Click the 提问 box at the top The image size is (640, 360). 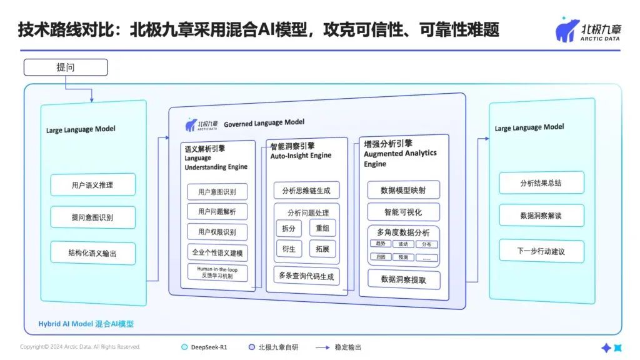(66, 67)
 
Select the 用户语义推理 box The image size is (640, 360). (92, 185)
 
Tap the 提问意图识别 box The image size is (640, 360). (92, 218)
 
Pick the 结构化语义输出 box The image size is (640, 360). (92, 253)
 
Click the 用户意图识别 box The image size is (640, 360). (217, 192)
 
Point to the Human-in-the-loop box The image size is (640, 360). (217, 272)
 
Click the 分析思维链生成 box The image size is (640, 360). (306, 191)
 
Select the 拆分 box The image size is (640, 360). (289, 228)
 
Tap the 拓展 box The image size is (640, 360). (322, 249)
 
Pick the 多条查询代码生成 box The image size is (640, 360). (306, 276)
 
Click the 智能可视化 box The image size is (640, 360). (403, 211)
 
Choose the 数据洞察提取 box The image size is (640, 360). (403, 280)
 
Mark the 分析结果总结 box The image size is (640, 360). (542, 183)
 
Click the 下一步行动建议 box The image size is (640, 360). (542, 251)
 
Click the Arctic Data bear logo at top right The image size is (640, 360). (567, 29)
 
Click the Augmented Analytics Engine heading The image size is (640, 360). (400, 154)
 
